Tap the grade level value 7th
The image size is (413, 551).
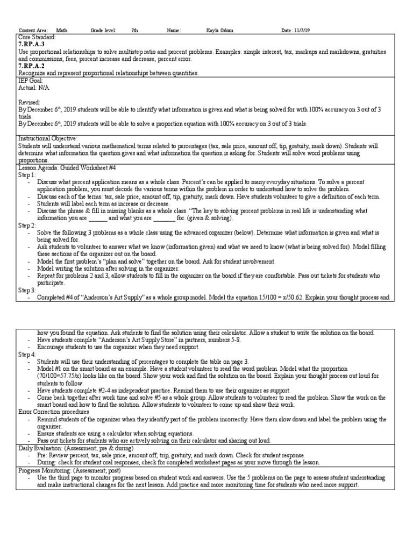pos(135,31)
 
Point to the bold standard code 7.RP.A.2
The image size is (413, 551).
pos(32,66)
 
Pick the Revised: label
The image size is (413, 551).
pos(29,102)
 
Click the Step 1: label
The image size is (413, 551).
pos(27,175)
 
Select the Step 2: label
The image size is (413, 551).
pos(27,225)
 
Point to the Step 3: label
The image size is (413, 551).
pos(27,290)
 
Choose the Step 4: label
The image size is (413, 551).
pos(27,355)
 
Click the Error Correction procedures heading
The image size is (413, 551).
pos(53,412)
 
